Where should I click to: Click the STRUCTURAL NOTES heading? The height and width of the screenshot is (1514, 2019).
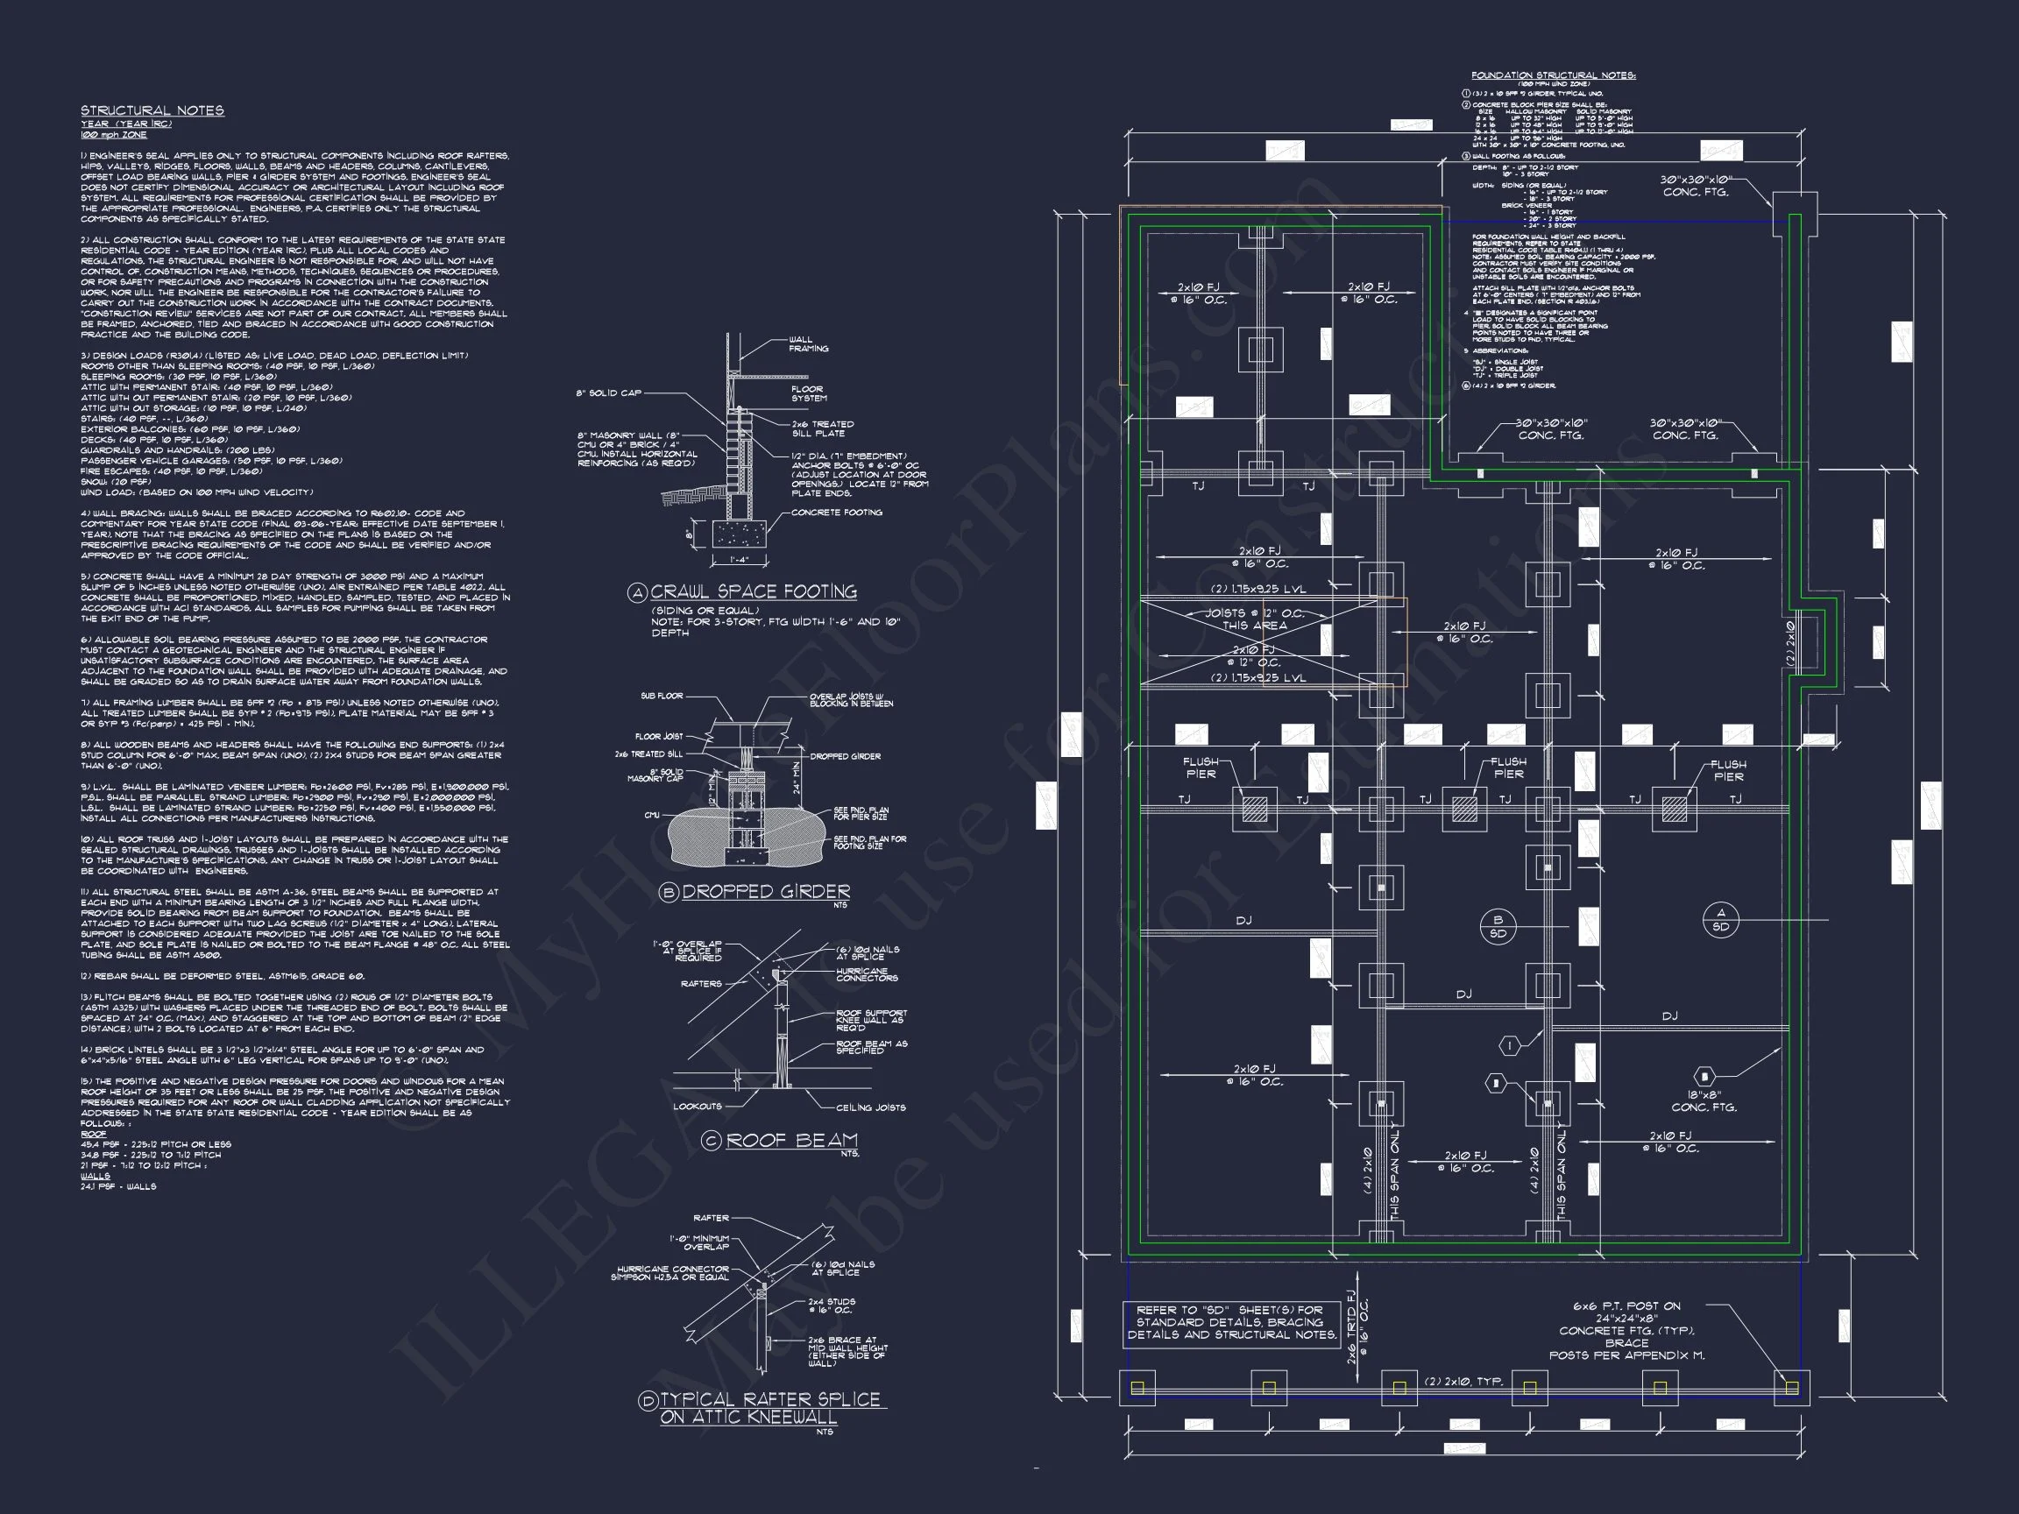[x=152, y=110]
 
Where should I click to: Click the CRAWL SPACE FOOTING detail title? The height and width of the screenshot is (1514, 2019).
[x=753, y=591]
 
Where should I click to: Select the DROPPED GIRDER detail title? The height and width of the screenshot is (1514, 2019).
[x=765, y=892]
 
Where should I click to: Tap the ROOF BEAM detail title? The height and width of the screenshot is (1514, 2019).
[x=791, y=1140]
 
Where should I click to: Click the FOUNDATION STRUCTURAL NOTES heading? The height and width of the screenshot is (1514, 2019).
[x=1553, y=75]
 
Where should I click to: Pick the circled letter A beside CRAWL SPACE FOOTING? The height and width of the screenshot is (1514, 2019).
[x=637, y=593]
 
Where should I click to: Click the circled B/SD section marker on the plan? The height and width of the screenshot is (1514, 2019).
[x=1498, y=926]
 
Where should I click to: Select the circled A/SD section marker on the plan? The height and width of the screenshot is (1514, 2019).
[x=1721, y=920]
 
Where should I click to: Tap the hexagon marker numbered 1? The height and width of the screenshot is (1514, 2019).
[x=1510, y=1046]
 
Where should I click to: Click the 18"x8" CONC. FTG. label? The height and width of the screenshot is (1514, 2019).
[x=1704, y=1101]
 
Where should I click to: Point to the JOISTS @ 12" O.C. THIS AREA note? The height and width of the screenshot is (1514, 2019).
[x=1255, y=619]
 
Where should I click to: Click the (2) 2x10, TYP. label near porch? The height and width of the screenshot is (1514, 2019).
[x=1463, y=1382]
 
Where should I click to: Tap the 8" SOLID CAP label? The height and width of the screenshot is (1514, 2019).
[x=609, y=393]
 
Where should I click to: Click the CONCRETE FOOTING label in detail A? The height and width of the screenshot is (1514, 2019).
[x=836, y=513]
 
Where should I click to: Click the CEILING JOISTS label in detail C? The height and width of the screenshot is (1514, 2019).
[x=871, y=1107]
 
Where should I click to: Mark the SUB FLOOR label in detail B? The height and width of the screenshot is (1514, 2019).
[x=662, y=697]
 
